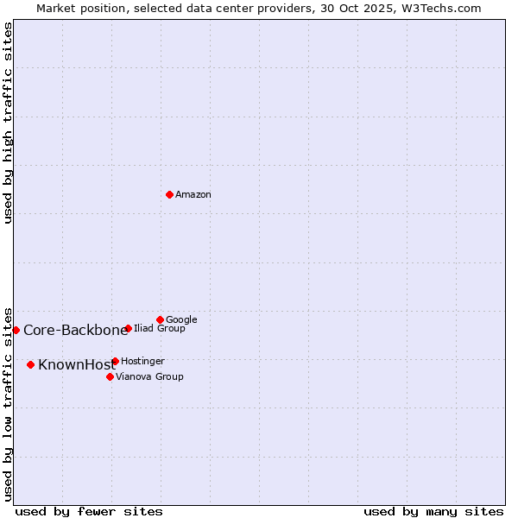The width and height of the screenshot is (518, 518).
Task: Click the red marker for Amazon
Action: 169,194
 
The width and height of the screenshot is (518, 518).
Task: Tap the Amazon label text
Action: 193,195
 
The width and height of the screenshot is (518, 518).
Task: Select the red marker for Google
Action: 160,319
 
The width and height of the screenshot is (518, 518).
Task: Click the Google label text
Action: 181,320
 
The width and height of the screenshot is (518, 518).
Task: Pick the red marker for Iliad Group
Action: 128,328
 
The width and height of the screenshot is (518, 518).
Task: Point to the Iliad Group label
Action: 160,329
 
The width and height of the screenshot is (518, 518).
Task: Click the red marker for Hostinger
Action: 115,361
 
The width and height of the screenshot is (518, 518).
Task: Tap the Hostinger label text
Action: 142,362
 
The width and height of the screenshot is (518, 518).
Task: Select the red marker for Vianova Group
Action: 110,376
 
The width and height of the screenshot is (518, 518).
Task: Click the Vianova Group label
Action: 149,377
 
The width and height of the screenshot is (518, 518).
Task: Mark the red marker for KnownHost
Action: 30,364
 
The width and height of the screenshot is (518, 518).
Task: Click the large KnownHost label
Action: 77,365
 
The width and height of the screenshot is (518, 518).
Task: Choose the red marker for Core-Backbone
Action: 16,330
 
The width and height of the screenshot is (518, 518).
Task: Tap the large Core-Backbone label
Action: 75,331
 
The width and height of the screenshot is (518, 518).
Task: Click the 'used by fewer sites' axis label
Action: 89,512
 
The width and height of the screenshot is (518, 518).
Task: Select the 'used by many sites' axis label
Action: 433,512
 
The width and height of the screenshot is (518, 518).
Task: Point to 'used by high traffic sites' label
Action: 9,123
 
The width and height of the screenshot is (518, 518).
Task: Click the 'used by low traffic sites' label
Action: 9,403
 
